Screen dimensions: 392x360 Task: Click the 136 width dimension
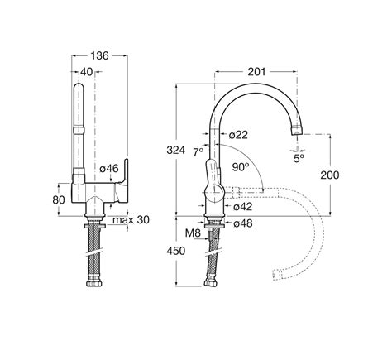click(x=100, y=55)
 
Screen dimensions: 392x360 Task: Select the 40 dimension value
click(x=87, y=72)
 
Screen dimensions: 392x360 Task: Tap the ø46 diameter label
click(x=109, y=168)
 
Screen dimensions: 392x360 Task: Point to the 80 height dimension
click(x=59, y=199)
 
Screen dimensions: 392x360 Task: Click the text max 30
click(x=131, y=220)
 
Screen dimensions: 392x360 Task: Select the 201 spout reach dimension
click(x=256, y=72)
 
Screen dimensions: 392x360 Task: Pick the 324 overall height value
click(x=176, y=151)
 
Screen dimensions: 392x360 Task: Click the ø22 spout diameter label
click(x=238, y=135)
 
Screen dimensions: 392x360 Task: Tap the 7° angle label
click(x=198, y=152)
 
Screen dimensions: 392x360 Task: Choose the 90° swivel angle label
click(x=241, y=167)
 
